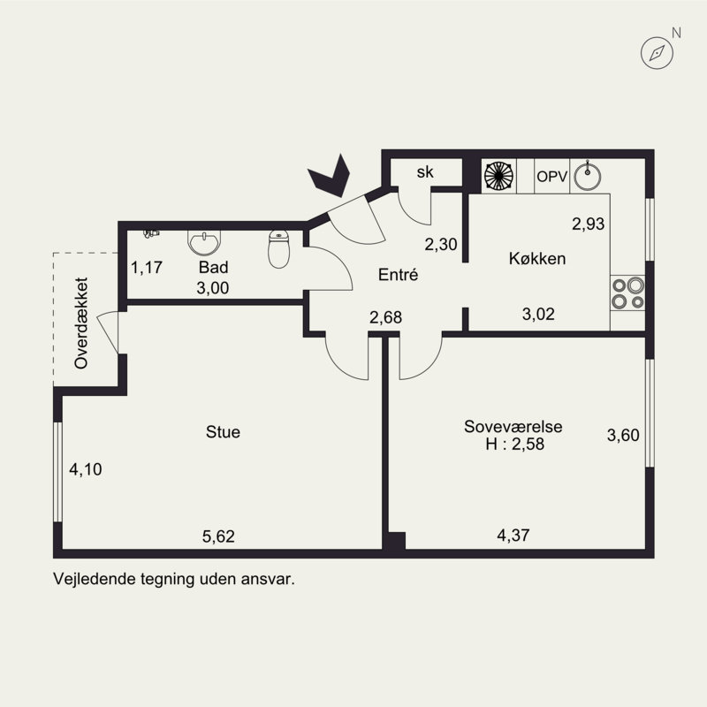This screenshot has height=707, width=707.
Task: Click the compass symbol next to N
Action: pyautogui.click(x=657, y=53)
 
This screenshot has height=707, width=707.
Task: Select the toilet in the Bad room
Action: pyautogui.click(x=278, y=249)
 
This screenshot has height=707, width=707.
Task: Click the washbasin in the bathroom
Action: pyautogui.click(x=204, y=242)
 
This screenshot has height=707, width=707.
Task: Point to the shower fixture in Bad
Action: pyautogui.click(x=151, y=233)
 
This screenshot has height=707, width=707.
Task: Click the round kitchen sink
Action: pyautogui.click(x=587, y=176)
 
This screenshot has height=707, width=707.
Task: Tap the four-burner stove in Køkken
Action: pyautogui.click(x=627, y=293)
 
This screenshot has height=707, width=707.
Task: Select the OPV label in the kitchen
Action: pyautogui.click(x=551, y=176)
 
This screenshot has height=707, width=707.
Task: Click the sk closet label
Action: pyautogui.click(x=425, y=171)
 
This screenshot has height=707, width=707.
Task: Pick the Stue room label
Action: pyautogui.click(x=223, y=432)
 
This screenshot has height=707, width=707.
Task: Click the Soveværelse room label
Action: pyautogui.click(x=513, y=427)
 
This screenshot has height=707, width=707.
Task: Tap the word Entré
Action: pyautogui.click(x=399, y=275)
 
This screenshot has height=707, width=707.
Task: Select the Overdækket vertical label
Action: pyautogui.click(x=81, y=323)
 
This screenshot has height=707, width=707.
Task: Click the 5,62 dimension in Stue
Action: pyautogui.click(x=218, y=536)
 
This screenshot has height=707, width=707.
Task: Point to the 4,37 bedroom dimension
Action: pyautogui.click(x=513, y=536)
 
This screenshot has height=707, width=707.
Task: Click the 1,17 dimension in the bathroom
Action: pyautogui.click(x=147, y=268)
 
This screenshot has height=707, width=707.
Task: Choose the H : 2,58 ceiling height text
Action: pyautogui.click(x=515, y=445)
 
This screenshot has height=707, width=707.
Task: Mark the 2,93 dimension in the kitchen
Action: pyautogui.click(x=589, y=224)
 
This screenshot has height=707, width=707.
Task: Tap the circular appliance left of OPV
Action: pyautogui.click(x=498, y=176)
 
